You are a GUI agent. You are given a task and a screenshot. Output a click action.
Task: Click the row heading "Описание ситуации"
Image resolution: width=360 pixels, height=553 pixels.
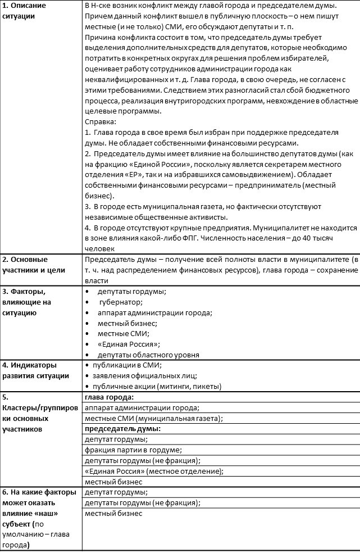26,11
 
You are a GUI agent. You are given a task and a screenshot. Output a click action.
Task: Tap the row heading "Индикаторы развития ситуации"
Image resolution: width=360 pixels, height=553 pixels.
36,370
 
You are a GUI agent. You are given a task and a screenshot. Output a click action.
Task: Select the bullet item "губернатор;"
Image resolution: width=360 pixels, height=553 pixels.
120,302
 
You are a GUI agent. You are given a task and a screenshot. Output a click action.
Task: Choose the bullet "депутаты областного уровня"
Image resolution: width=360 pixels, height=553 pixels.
148,355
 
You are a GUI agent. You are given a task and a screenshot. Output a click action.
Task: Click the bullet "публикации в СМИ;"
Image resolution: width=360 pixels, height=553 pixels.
122,365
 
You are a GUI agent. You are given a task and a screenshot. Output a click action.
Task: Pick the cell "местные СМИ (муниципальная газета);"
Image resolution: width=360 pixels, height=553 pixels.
153,418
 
